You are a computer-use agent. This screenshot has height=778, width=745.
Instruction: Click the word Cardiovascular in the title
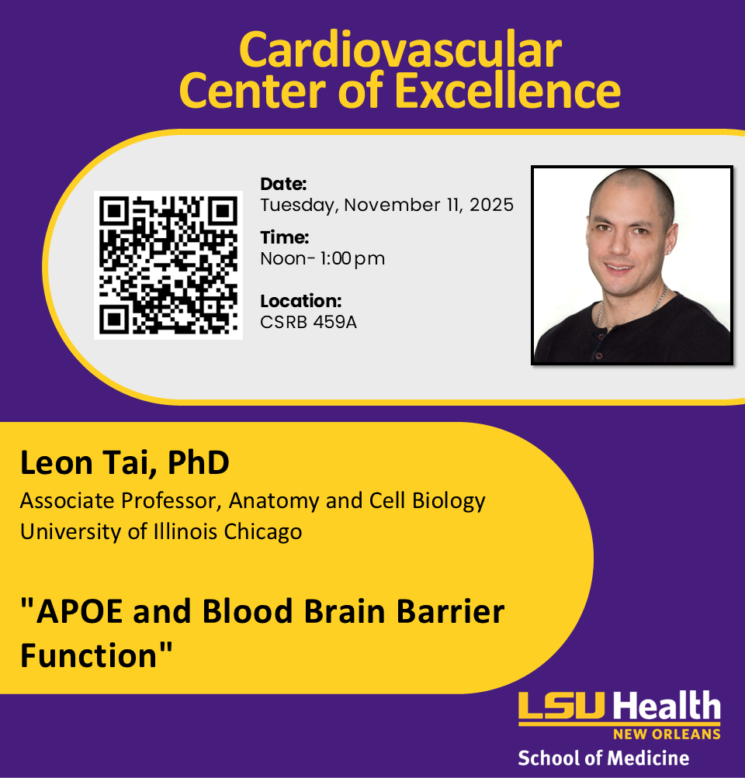point(400,50)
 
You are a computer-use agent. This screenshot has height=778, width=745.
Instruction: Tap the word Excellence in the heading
point(508,91)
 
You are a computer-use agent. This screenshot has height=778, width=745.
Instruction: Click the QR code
point(168,265)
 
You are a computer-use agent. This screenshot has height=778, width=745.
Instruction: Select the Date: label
point(283,185)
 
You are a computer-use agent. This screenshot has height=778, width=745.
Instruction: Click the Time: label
point(284,237)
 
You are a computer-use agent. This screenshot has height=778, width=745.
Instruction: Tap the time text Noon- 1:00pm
point(322,258)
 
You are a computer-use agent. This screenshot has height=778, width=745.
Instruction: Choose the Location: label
point(300,301)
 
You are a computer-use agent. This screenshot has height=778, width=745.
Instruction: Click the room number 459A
point(335,322)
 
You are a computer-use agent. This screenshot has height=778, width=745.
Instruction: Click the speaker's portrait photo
point(632,265)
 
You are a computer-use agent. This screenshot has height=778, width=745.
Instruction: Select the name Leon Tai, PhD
point(125,463)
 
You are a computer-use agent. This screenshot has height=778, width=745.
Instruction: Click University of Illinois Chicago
point(161,532)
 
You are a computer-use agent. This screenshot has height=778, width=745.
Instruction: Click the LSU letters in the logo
point(563,707)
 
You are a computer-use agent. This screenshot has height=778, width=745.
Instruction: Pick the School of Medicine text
point(603,757)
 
